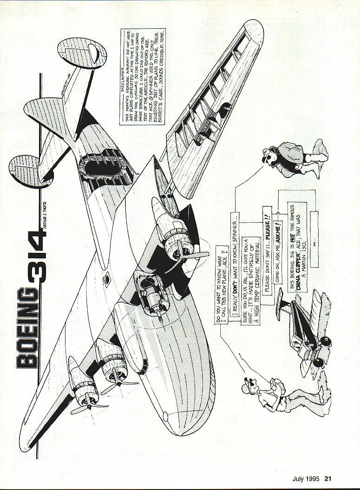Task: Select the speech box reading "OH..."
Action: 314,239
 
